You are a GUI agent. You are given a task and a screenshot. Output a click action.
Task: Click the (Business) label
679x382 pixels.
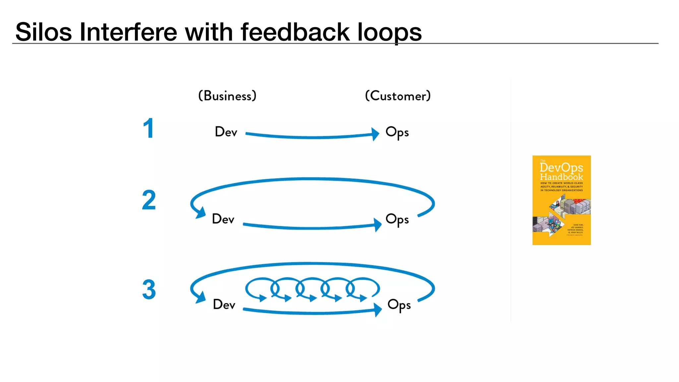227,96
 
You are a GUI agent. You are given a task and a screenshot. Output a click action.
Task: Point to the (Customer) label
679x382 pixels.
398,96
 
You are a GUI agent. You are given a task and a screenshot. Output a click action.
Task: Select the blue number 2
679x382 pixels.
149,200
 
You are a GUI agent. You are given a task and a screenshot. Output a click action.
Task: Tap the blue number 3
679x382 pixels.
149,289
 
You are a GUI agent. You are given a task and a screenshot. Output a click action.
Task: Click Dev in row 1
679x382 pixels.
226,132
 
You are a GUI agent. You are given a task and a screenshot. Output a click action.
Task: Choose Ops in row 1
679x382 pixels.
397,132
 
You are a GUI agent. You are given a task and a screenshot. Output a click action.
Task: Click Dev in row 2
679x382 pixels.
223,219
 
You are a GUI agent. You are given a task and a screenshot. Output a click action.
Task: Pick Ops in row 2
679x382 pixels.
397,220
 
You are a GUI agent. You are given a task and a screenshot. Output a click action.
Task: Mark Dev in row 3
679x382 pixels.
224,304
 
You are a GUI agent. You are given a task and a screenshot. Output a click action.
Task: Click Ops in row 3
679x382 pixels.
399,305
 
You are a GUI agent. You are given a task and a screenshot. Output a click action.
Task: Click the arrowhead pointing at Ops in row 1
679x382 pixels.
375,134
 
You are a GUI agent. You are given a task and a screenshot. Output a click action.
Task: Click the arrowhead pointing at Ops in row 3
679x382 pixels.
378,310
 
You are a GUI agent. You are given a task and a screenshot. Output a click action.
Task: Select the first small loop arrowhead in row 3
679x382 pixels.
263,298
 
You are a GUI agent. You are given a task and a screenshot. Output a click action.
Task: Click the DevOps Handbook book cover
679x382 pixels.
561,200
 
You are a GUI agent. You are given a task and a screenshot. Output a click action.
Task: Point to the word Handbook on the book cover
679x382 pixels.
561,177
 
